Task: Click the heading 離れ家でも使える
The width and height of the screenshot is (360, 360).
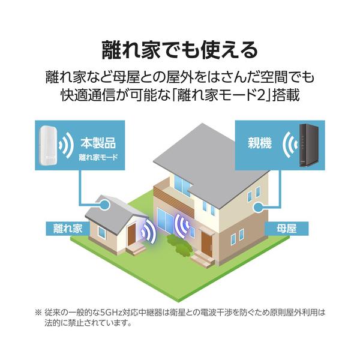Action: [x=180, y=50]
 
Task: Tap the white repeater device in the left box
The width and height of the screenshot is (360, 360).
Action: [x=48, y=145]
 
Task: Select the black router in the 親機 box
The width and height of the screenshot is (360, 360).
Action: [x=308, y=145]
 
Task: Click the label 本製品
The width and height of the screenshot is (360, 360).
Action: [x=98, y=143]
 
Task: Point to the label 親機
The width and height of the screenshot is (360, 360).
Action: [x=260, y=143]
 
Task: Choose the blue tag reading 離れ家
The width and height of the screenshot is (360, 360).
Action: [x=67, y=229]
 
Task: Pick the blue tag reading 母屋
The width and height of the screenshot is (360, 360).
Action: [x=287, y=229]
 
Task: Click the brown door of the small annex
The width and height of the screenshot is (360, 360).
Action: [x=131, y=235]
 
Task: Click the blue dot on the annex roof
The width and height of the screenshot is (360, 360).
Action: [x=105, y=203]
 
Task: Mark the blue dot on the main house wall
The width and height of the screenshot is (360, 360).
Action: [x=258, y=207]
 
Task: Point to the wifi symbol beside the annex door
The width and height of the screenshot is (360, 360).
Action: [x=149, y=231]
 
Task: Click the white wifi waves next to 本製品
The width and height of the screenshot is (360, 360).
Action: [x=66, y=145]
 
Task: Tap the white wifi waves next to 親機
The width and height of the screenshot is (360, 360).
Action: [x=290, y=145]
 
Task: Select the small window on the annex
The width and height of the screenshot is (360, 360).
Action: [x=102, y=232]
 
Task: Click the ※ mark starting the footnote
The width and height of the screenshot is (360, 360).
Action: [x=38, y=313]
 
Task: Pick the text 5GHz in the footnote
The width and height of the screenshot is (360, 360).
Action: [x=111, y=313]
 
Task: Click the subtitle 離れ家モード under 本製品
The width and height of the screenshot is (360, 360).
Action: [x=98, y=157]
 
